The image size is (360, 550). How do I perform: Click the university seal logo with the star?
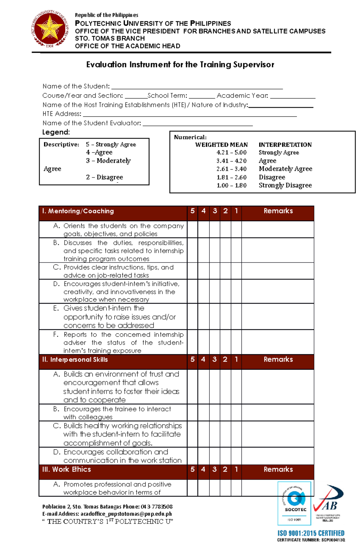50,29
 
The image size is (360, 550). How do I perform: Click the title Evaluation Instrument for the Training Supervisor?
180,65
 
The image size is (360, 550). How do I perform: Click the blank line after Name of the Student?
197,87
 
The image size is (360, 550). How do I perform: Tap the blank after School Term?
202,96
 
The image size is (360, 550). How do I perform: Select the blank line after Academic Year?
292,96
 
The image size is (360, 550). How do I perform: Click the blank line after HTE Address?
190,114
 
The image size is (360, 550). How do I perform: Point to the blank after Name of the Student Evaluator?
198,123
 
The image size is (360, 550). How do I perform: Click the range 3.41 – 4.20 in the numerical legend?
231,161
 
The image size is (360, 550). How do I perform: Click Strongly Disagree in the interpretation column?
285,185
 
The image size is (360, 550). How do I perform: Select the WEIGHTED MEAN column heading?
221,145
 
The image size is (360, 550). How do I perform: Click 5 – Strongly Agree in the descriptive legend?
111,144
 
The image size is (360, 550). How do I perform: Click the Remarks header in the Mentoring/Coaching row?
278,211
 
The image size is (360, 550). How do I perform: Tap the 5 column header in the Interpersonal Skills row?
192,359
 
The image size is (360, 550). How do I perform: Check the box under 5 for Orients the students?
192,230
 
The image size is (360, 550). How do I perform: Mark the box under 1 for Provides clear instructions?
236,271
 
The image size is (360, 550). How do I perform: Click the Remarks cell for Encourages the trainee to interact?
278,413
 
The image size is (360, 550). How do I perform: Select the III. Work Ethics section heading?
67,469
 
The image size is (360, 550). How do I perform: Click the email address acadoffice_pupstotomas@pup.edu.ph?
126,514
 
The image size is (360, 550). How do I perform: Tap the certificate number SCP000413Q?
333,540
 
